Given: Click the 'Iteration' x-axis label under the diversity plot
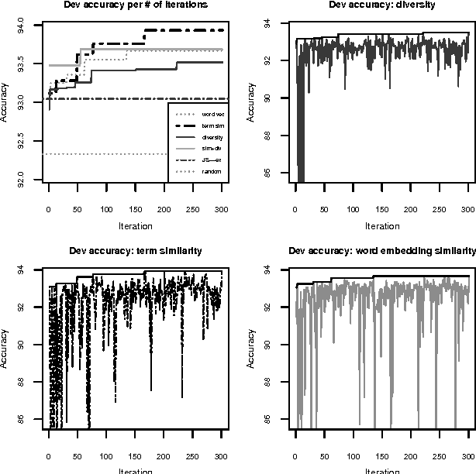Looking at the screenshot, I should point(381,226).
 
